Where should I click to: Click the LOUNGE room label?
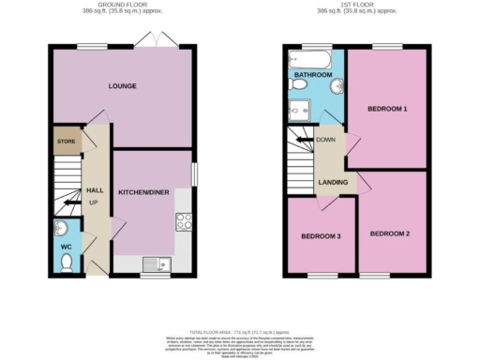(x=122, y=86)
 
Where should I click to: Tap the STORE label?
(x=65, y=142)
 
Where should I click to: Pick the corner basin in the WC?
(x=59, y=228)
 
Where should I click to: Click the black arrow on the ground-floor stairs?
(x=71, y=202)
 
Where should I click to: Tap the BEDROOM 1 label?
(x=387, y=110)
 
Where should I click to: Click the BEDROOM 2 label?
(x=389, y=232)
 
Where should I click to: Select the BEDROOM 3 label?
(x=321, y=236)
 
